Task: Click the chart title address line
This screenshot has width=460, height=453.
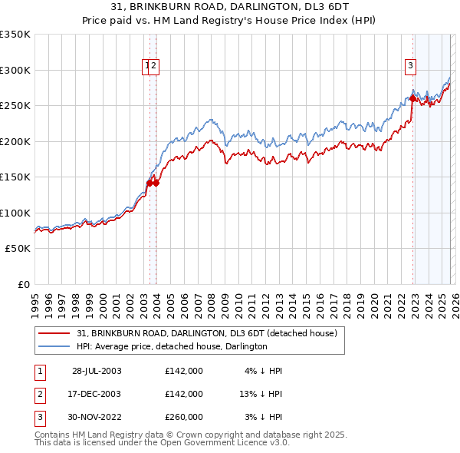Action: click(229, 8)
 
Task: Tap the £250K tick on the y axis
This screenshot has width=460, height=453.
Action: click(15, 106)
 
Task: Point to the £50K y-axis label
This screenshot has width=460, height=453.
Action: click(17, 249)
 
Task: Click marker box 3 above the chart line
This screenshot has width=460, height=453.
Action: click(411, 66)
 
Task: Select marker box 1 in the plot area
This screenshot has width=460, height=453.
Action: click(147, 66)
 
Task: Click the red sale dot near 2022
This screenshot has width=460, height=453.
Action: click(412, 98)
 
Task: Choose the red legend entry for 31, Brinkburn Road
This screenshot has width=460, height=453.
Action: click(200, 334)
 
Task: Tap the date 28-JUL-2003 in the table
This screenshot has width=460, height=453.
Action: click(97, 371)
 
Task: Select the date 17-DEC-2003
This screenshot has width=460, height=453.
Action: click(97, 394)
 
